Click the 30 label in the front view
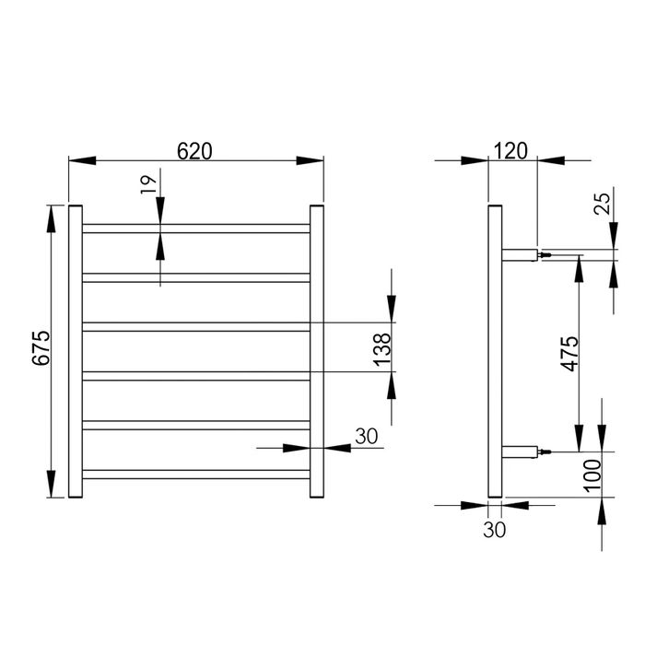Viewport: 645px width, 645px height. pyautogui.click(x=367, y=437)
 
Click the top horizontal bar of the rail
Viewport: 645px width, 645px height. pyautogui.click(x=196, y=228)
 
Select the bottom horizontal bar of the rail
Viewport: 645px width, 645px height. pyautogui.click(x=196, y=475)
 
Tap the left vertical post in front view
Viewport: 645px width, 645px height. pyautogui.click(x=76, y=351)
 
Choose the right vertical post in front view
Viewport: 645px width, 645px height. pyautogui.click(x=316, y=351)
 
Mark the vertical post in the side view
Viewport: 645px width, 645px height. pyautogui.click(x=494, y=351)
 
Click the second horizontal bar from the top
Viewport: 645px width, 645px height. pyautogui.click(x=196, y=276)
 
